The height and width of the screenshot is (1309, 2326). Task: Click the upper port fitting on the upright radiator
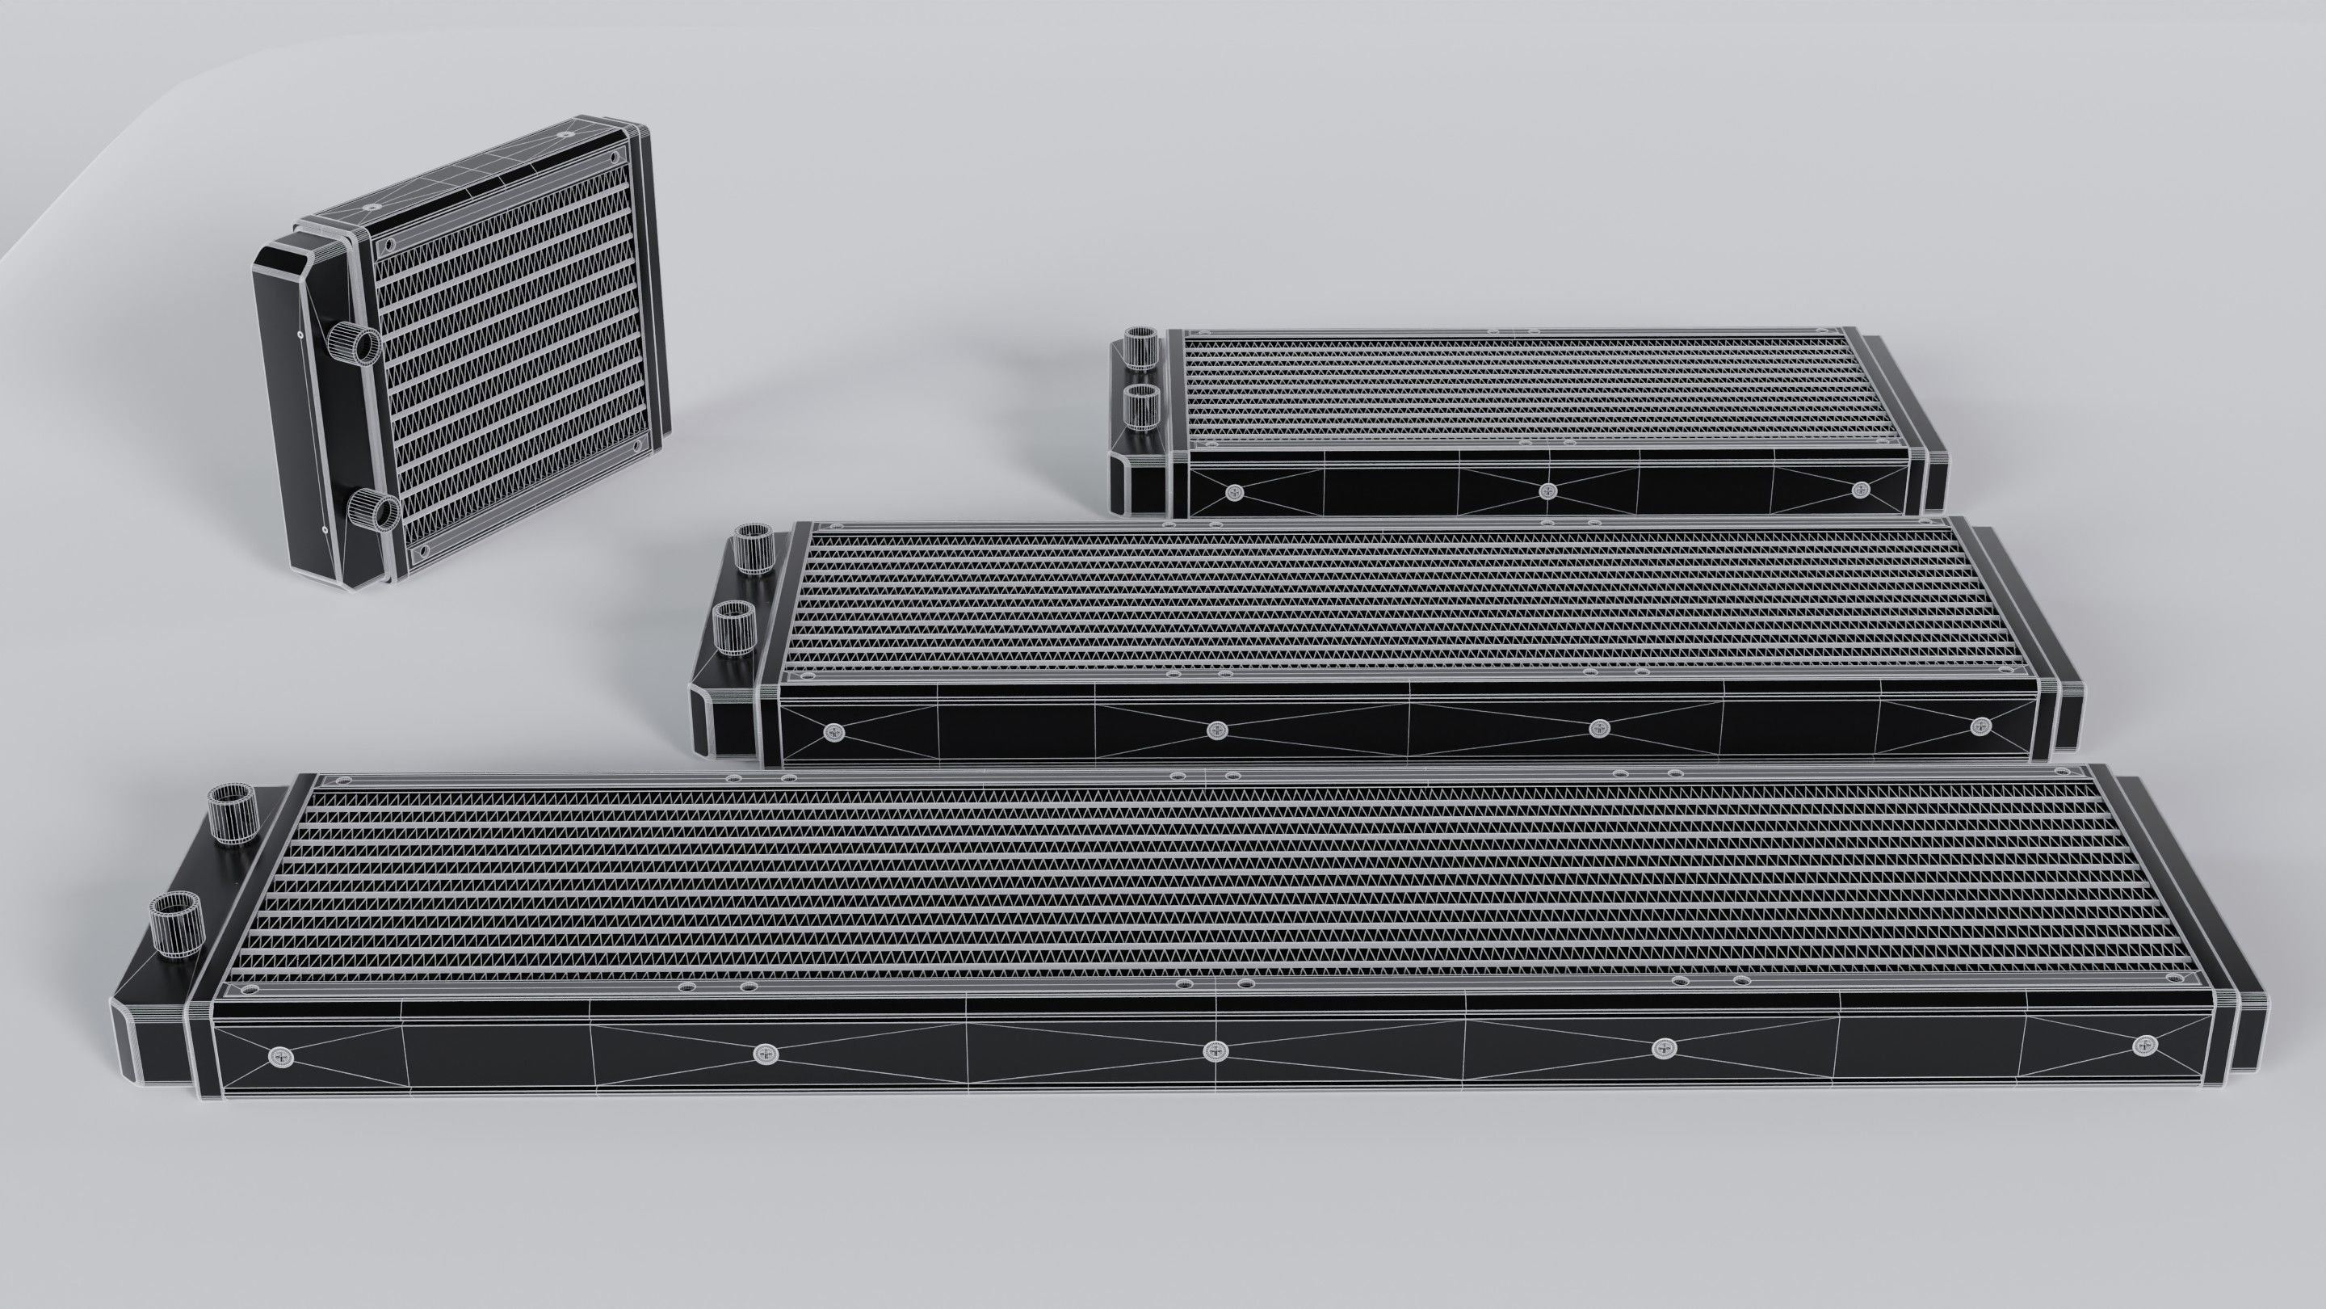click(354, 344)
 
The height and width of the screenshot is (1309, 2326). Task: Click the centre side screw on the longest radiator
click(1215, 1050)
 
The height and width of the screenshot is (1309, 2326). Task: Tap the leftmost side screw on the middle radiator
click(832, 732)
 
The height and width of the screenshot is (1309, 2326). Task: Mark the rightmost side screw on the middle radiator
click(1980, 725)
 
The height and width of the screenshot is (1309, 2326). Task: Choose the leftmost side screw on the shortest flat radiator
click(1235, 491)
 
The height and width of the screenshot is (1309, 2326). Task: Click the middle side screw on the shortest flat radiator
click(1548, 490)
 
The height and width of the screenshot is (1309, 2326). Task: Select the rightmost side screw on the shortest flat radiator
click(1860, 490)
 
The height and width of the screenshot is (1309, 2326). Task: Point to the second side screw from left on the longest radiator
click(765, 1052)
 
